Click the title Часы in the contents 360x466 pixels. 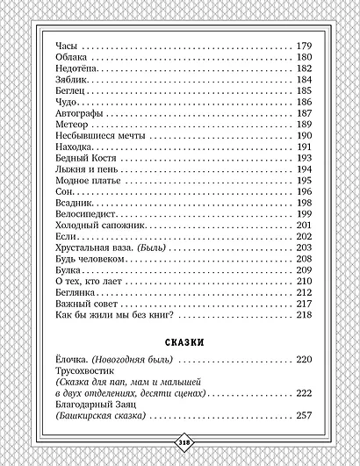[66, 47]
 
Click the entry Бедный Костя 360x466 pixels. [85, 158]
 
